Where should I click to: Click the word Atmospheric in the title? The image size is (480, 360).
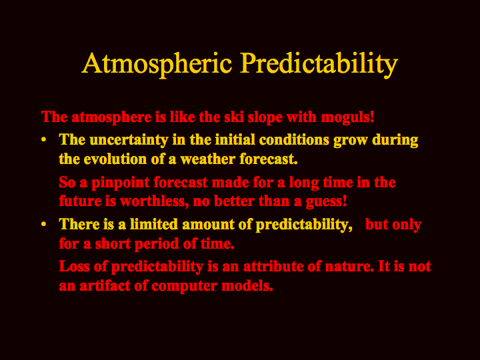coord(157,64)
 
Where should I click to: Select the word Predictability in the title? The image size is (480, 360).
coord(319,64)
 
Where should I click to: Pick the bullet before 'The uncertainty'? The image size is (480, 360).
coord(44,140)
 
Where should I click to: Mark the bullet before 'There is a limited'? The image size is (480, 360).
coord(44,225)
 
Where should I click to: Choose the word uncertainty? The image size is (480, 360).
coord(129,140)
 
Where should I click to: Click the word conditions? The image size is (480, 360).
coord(294,139)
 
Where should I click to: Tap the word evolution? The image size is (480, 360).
coord(115,159)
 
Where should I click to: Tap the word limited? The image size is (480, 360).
coord(154,224)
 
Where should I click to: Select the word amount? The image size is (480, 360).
coord(208,225)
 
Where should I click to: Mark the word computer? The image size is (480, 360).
coord(184,287)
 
